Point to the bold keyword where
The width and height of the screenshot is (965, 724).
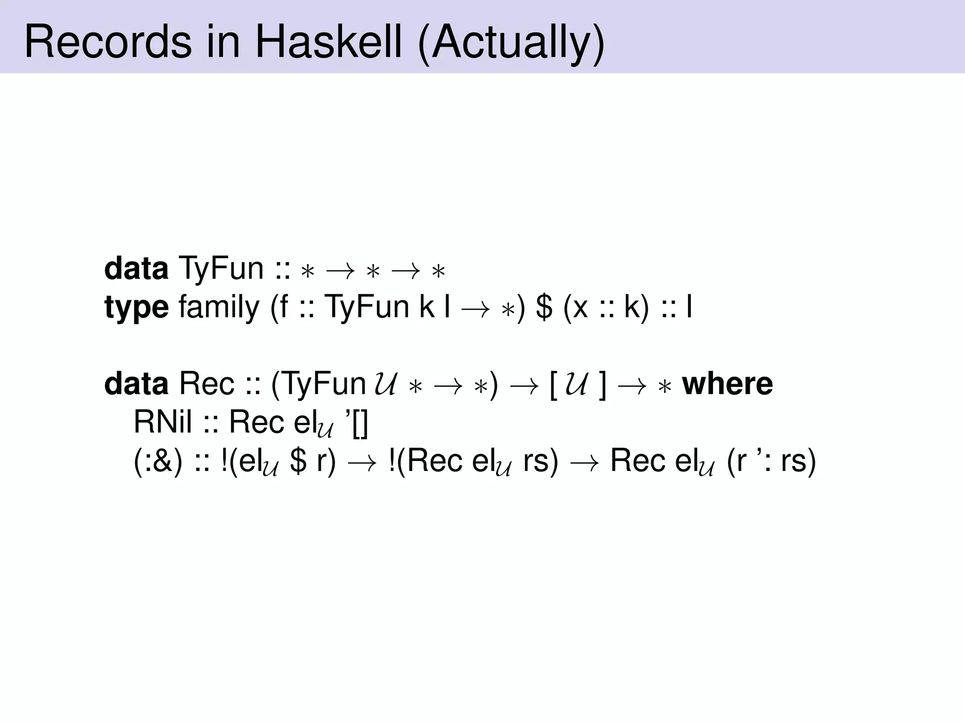click(x=728, y=384)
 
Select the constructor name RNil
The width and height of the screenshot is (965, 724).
click(x=163, y=422)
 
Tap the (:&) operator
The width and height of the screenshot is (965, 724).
click(x=158, y=461)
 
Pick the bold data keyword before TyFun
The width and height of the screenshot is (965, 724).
click(x=136, y=269)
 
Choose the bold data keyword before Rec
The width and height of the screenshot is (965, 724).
click(x=136, y=384)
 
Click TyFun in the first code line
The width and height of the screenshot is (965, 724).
click(x=221, y=269)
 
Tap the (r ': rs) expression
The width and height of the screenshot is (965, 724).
click(x=771, y=461)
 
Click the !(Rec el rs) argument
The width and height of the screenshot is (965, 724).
click(x=474, y=461)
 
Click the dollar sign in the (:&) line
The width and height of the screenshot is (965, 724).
click(x=298, y=461)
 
